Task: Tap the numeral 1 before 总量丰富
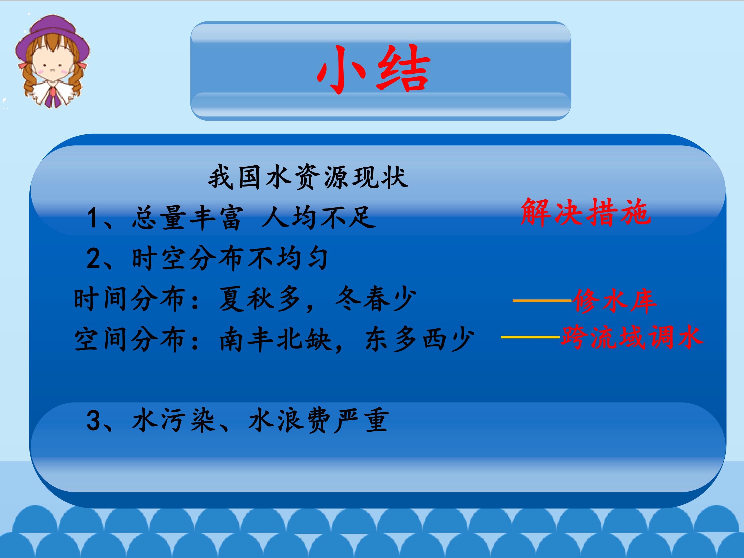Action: [93, 218]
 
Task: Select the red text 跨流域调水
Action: [632, 337]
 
